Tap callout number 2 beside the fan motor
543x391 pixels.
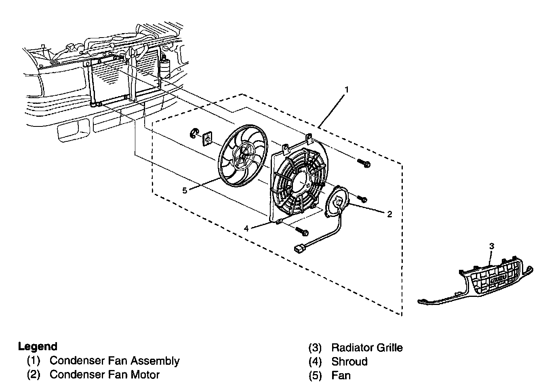pos(389,214)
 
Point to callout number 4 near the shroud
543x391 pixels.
pos(246,229)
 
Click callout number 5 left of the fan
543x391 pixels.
pos(185,191)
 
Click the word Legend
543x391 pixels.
pos(38,347)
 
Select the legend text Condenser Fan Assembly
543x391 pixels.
pos(114,361)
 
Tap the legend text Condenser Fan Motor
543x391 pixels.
pos(104,374)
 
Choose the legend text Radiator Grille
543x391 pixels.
pos(367,347)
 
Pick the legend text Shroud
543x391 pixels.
pos(349,361)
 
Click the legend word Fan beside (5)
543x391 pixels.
pos(341,375)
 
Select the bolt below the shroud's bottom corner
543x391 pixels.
pos(302,231)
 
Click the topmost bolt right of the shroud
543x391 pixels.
pos(363,163)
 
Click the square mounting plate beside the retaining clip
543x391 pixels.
pos(208,139)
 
